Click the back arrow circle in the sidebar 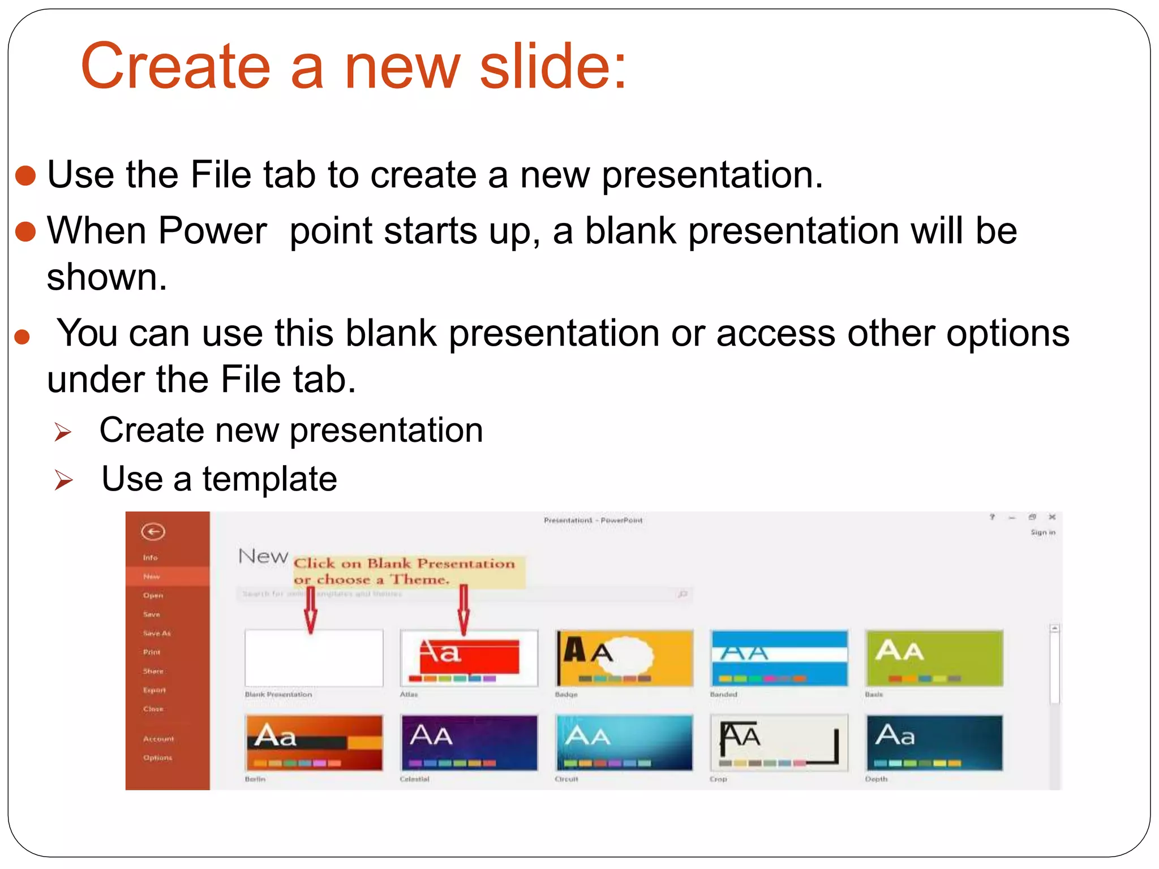pos(153,532)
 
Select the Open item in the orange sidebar pos(153,595)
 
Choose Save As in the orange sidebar pos(157,633)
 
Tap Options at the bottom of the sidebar pos(157,758)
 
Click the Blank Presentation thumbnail pos(314,658)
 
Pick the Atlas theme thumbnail pos(469,658)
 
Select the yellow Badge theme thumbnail pos(624,658)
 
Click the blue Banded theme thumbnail pos(779,658)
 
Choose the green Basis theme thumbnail pos(934,658)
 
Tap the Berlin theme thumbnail pos(314,742)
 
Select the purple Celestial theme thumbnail pos(469,742)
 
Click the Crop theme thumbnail pos(779,742)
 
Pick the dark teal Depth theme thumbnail pos(934,742)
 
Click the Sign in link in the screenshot pos(1042,532)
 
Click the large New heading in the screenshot pos(263,556)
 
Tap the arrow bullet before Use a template pos(63,480)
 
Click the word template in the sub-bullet pos(269,479)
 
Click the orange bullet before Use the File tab pos(25,175)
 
